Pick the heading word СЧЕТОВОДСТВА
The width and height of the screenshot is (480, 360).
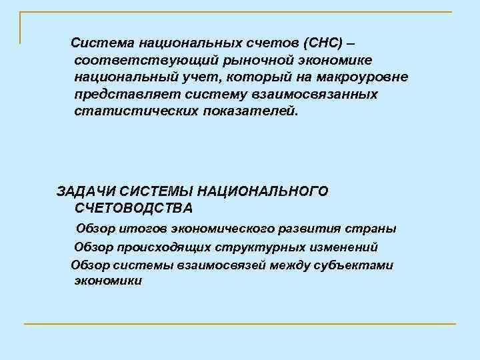point(134,208)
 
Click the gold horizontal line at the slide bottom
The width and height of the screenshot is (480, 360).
point(240,324)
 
